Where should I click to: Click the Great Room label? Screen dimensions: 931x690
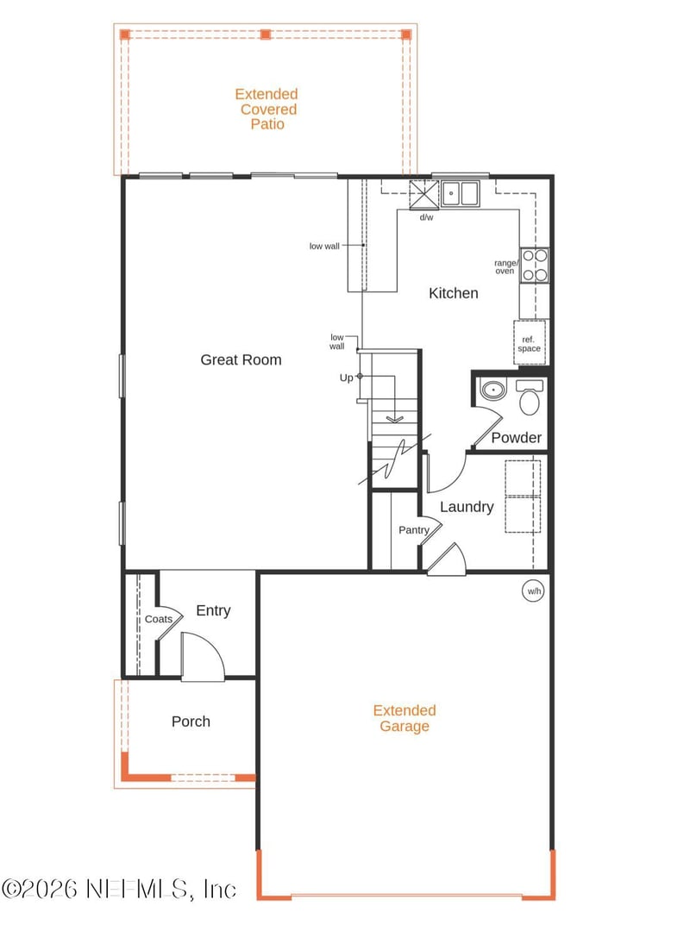click(x=241, y=359)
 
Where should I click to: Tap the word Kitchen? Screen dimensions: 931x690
click(x=453, y=293)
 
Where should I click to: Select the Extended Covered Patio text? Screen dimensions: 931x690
click(x=267, y=109)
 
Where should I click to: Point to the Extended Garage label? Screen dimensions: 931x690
click(x=405, y=718)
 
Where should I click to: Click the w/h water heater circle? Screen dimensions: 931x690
click(x=534, y=590)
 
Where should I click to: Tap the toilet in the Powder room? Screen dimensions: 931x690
click(x=529, y=397)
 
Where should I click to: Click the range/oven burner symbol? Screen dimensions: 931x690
click(x=535, y=265)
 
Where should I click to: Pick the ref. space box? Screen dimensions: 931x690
click(x=530, y=343)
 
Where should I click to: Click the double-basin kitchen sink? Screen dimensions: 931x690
click(x=461, y=193)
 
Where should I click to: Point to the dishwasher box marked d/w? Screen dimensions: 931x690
click(x=424, y=193)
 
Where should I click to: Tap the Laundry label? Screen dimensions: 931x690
click(x=467, y=507)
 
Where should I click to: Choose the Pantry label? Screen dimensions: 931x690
click(x=413, y=530)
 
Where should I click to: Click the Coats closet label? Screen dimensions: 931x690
click(x=158, y=619)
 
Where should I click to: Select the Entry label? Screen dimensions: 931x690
click(x=213, y=610)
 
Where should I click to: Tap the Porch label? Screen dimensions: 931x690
click(x=191, y=722)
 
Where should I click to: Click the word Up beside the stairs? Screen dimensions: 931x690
click(x=346, y=378)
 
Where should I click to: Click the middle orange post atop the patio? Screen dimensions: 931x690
click(x=266, y=34)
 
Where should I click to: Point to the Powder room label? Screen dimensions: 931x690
click(x=517, y=438)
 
